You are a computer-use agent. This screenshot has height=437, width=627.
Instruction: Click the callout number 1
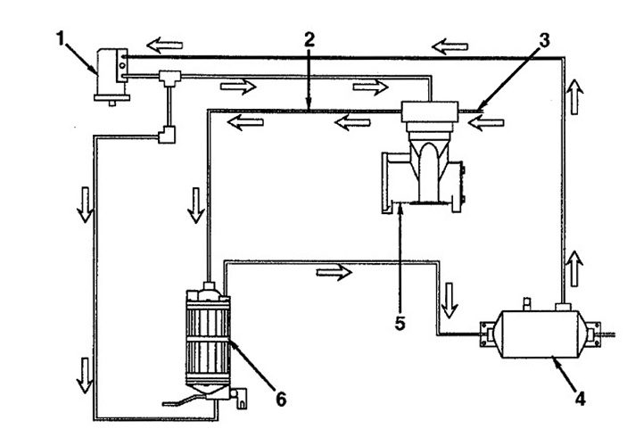pos(61,39)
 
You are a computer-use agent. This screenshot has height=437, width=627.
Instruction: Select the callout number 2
pos(309,39)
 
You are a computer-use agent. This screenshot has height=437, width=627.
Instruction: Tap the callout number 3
pos(544,40)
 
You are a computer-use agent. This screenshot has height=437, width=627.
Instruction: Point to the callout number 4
pos(581,399)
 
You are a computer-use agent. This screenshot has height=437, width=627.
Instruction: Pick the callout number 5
pos(400,323)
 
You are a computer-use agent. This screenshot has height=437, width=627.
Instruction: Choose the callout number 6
pos(281,399)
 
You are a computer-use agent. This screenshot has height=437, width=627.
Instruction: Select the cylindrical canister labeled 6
pos(208,341)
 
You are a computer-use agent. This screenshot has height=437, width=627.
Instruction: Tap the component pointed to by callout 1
pos(111,75)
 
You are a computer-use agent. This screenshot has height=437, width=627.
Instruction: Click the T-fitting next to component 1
pos(170,78)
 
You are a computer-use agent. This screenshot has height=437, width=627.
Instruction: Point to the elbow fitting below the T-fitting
pos(167,135)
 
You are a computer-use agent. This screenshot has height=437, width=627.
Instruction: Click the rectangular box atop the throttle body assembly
pos(430,111)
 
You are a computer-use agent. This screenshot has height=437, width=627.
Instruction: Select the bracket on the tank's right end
pos(594,334)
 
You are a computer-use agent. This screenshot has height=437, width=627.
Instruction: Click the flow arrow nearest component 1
pos(164,45)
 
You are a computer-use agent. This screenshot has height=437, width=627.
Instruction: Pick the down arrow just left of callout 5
pos(449,300)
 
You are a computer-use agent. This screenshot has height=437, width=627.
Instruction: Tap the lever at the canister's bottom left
pos(184,400)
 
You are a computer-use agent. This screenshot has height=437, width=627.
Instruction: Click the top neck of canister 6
pos(209,286)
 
